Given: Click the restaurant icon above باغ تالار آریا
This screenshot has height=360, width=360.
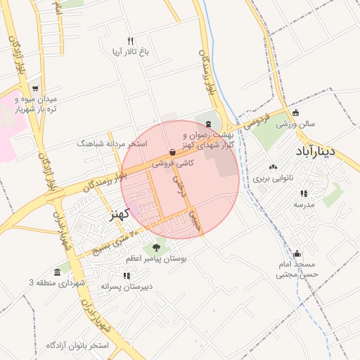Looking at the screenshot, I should click(x=130, y=41).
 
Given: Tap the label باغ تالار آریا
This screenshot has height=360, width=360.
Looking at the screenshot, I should click(x=130, y=52).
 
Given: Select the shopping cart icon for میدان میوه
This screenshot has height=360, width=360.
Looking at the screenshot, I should click(x=34, y=88).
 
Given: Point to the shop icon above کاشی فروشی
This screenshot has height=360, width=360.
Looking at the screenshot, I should click(x=173, y=152).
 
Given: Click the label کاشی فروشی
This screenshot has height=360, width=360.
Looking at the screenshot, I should click(x=173, y=163).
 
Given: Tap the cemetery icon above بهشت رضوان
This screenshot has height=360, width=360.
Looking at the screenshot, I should click(x=207, y=124).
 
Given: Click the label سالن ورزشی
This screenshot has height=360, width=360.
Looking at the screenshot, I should click(x=295, y=124).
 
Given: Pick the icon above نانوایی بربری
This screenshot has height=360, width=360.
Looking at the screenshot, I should click(x=273, y=167).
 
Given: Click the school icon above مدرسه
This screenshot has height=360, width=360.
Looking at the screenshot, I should click(x=304, y=193).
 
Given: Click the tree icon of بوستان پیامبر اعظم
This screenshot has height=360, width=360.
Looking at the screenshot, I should click(x=155, y=247).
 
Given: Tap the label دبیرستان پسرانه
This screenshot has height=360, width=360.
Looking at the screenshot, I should click(x=127, y=287).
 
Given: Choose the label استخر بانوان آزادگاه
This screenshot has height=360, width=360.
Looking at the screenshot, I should click(x=77, y=345).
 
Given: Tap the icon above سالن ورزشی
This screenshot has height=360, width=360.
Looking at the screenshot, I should click(x=295, y=112).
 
